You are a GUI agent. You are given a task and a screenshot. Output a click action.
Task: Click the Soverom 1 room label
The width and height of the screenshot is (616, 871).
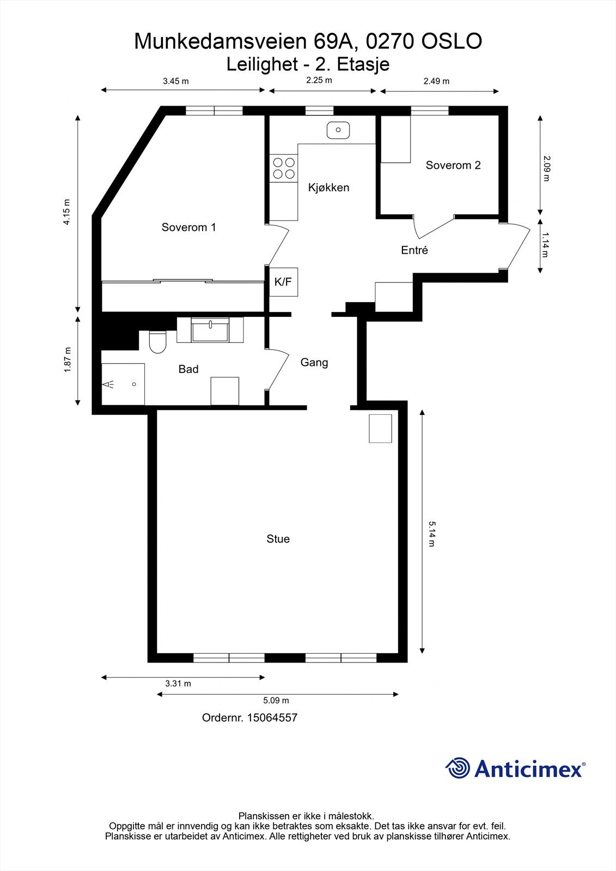(x=188, y=228)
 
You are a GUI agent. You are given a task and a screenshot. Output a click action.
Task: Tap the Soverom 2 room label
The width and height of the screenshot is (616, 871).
(x=453, y=165)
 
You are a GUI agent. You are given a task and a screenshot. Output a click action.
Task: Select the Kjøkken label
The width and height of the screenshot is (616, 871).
(x=328, y=188)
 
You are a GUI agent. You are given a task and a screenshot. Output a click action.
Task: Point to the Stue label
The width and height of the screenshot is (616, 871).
(x=278, y=539)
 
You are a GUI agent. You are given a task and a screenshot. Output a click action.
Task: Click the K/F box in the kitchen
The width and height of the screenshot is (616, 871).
(x=283, y=282)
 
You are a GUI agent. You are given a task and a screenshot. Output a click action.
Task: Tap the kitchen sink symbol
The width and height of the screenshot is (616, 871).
(x=338, y=130)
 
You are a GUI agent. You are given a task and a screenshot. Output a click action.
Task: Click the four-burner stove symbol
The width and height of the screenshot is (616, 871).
(x=284, y=168)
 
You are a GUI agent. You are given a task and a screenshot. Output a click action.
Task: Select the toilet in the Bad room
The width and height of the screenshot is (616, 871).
(x=157, y=341)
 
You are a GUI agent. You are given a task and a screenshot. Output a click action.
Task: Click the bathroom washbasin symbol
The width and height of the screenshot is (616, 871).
(x=210, y=331)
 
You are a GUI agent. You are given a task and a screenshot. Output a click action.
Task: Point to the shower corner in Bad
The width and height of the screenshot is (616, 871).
(x=123, y=384)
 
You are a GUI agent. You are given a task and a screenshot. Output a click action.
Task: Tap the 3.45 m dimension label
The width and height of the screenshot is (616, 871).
(x=176, y=82)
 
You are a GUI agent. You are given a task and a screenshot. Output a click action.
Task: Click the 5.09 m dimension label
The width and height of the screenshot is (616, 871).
(x=276, y=701)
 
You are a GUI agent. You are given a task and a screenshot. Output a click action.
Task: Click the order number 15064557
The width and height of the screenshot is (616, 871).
(x=272, y=717)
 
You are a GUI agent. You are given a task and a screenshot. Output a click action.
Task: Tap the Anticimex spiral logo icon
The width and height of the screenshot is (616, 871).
(x=458, y=768)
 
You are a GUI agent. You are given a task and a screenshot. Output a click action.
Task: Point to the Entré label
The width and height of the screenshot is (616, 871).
(x=414, y=250)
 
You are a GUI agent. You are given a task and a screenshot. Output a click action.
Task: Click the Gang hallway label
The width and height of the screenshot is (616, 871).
(x=314, y=363)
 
